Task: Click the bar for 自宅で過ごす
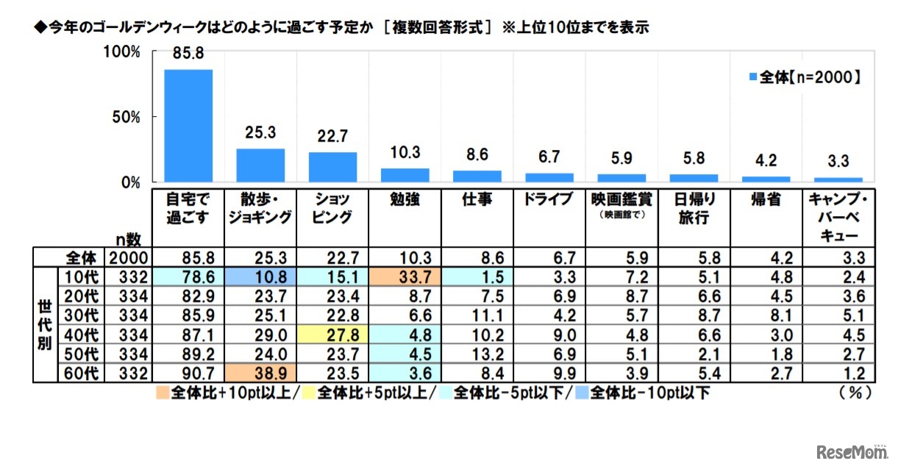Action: tap(188, 126)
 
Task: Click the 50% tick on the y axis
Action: tap(126, 117)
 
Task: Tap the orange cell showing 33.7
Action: tap(405, 278)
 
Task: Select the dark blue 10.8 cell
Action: tap(260, 278)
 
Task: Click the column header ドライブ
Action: tap(549, 198)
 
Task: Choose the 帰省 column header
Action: tap(765, 198)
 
